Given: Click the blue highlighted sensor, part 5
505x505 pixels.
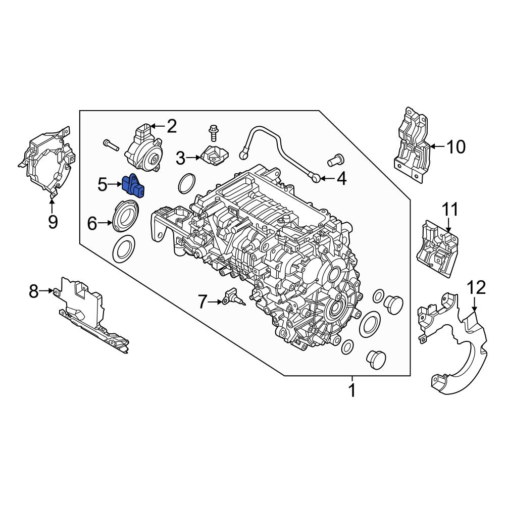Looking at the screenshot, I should pos(133,186).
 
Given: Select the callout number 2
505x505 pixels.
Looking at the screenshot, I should pos(172,126).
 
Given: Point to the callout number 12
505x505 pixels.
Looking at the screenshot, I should pos(476,288).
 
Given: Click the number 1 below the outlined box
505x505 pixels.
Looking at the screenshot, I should pos(352,390).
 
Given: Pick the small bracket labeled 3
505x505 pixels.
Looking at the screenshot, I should pos(214,155).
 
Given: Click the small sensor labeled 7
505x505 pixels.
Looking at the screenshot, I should pos(232,296).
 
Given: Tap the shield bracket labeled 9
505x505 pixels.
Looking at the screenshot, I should pos(46,162).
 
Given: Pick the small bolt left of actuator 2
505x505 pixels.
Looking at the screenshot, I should pos(110,145).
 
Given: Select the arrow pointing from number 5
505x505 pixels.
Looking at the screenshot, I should pos(116,185).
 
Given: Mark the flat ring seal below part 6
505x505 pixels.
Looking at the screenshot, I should pos(122,248).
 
